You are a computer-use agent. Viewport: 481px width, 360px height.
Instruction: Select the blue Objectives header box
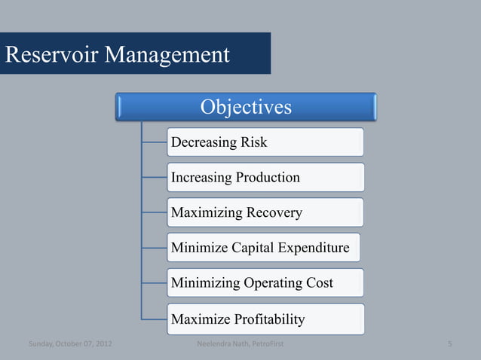tap(246, 107)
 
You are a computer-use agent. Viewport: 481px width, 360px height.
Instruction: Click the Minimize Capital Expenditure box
tap(263, 248)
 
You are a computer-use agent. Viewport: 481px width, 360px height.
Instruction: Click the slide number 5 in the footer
tap(449, 346)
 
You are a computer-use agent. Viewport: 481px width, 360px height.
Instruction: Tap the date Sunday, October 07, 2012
tap(71, 346)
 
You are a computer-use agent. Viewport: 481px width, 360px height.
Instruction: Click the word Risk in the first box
tap(253, 142)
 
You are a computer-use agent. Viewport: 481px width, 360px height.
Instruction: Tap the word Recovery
tap(274, 213)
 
